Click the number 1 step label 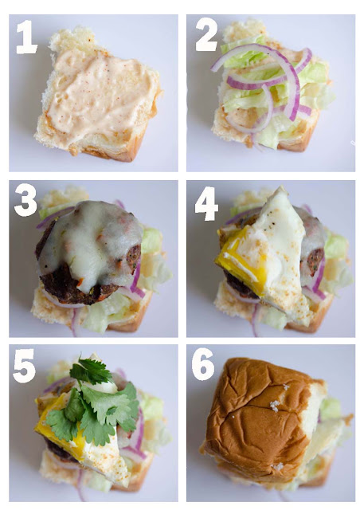click(x=26, y=37)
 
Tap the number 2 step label click(x=207, y=34)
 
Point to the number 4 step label click(x=206, y=204)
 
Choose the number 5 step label click(x=25, y=366)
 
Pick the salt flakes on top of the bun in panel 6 click(x=275, y=406)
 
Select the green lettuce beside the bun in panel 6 click(x=330, y=408)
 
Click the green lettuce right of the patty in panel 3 click(x=151, y=240)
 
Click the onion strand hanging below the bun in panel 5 click(x=80, y=484)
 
